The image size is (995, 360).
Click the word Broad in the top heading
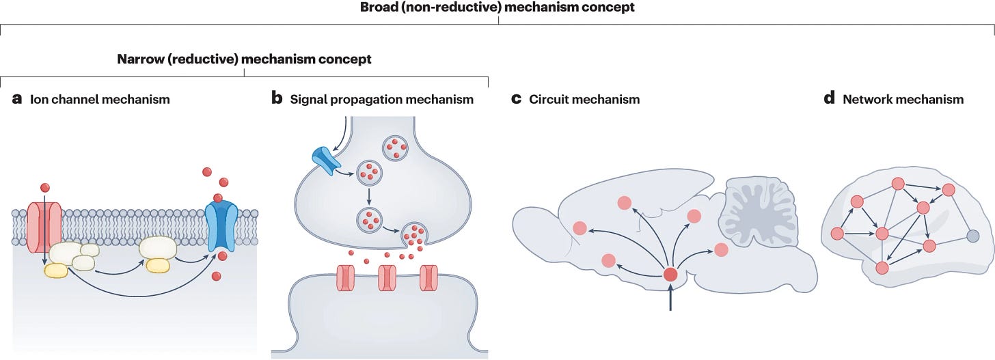[379, 7]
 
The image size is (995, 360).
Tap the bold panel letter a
[17, 98]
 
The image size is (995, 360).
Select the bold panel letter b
[277, 98]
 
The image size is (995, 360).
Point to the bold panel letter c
[516, 98]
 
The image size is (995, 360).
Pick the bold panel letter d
[830, 98]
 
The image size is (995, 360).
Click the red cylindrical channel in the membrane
[44, 228]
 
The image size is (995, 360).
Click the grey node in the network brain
[973, 236]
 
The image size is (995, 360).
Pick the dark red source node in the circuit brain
[670, 275]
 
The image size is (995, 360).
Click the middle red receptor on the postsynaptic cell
[387, 278]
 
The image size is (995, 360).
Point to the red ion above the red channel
[45, 188]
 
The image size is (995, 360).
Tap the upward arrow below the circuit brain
[670, 299]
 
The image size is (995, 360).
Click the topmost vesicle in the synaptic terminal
[395, 148]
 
